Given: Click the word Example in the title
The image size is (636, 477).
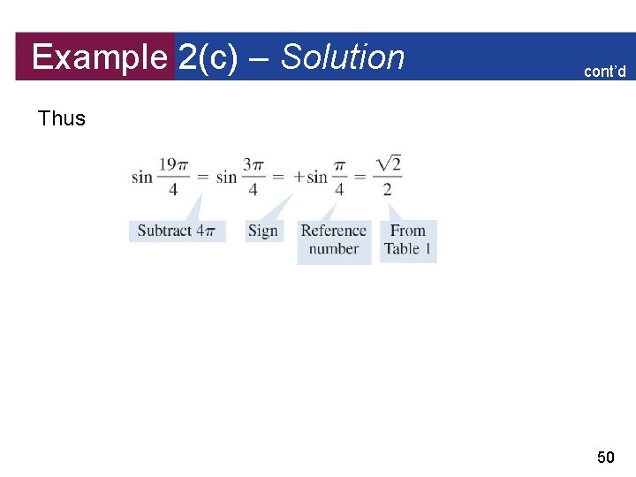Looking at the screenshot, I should pyautogui.click(x=98, y=57).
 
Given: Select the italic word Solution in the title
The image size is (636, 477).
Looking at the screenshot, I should pyautogui.click(x=343, y=57).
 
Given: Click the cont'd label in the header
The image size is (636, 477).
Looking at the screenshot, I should pyautogui.click(x=604, y=71).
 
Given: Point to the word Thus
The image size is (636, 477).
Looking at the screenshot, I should pyautogui.click(x=62, y=118).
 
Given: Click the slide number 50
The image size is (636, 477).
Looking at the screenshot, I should pyautogui.click(x=606, y=457).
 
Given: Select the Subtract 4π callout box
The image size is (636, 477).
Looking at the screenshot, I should pyautogui.click(x=177, y=231).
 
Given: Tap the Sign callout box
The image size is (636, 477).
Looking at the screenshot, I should pyautogui.click(x=262, y=231).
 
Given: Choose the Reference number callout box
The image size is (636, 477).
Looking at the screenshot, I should pyautogui.click(x=333, y=240).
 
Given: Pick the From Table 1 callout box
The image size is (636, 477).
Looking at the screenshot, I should pyautogui.click(x=408, y=240).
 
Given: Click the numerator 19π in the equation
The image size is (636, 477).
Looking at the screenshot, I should pyautogui.click(x=172, y=164).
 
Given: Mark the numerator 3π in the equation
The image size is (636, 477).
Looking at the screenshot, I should pyautogui.click(x=254, y=164).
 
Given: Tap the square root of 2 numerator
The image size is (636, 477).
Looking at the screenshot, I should pyautogui.click(x=387, y=163).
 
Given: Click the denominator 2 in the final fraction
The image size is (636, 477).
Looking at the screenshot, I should pyautogui.click(x=387, y=189).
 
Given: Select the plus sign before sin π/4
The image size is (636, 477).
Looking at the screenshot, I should pyautogui.click(x=299, y=177).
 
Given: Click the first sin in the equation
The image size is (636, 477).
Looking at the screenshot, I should pyautogui.click(x=141, y=177).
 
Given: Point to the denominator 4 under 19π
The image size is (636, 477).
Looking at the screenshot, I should pyautogui.click(x=172, y=189).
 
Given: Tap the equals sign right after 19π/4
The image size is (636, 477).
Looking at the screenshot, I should pyautogui.click(x=202, y=177).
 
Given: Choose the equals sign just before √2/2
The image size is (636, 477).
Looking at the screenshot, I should pyautogui.click(x=360, y=177).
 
